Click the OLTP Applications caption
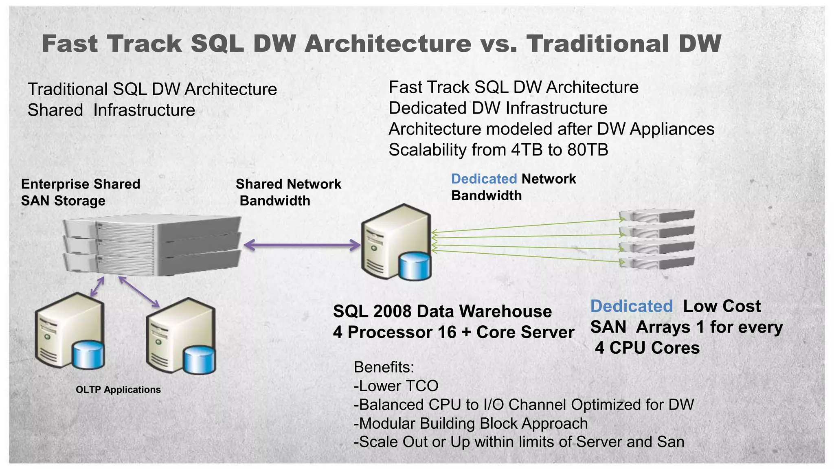[118, 390]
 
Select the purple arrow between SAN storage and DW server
[302, 245]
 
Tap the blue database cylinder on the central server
[415, 266]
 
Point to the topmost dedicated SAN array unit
[656, 216]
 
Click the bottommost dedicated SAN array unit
[656, 263]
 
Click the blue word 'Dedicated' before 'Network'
[484, 179]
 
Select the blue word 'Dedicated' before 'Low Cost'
[631, 306]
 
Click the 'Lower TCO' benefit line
[396, 386]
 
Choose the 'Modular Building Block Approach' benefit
[471, 423]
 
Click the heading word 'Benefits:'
[384, 367]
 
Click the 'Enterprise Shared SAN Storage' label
[80, 192]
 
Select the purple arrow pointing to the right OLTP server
[138, 292]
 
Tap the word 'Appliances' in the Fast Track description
[672, 129]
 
